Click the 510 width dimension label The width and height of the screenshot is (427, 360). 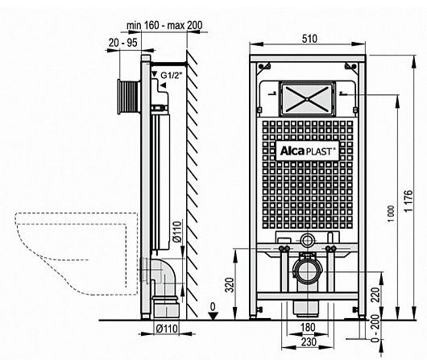pos(309,39)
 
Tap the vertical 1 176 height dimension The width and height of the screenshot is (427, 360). pos(408,201)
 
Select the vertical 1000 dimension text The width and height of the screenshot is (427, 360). pos(391,213)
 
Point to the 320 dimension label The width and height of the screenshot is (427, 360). pos(230,285)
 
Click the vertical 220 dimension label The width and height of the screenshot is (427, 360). pos(375,295)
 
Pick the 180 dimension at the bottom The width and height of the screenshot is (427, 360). pos(308,327)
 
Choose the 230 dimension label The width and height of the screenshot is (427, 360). pos(309,341)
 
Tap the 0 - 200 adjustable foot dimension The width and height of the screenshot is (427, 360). pos(375,328)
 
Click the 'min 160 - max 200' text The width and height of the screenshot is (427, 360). pos(164,25)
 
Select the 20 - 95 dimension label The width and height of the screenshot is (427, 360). pos(122,43)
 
